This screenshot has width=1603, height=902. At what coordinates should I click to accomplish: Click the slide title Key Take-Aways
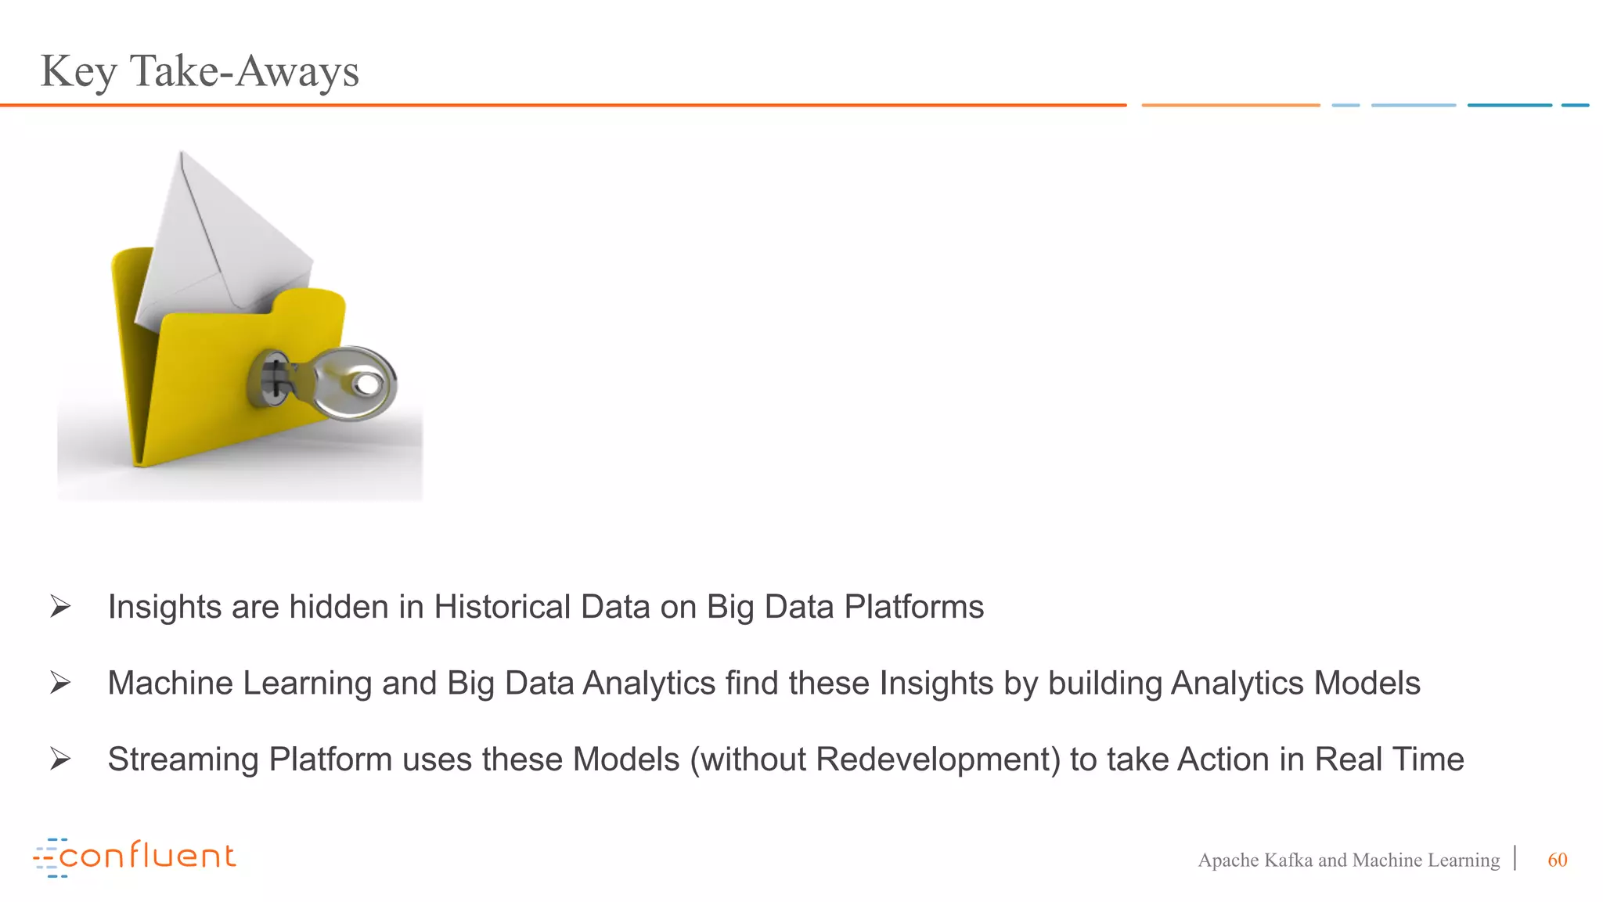(x=200, y=71)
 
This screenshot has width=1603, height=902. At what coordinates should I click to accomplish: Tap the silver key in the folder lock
(x=352, y=384)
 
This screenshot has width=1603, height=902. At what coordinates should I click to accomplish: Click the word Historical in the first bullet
(x=503, y=607)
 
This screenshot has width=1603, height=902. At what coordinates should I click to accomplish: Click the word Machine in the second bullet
(x=170, y=683)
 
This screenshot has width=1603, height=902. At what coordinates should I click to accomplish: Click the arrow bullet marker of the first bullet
(x=60, y=606)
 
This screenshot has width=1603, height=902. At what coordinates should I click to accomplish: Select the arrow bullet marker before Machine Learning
(x=60, y=683)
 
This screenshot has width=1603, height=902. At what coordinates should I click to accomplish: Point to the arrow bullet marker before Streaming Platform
(x=60, y=759)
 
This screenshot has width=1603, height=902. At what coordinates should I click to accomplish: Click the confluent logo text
(x=147, y=856)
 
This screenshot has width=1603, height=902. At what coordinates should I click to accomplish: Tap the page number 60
(x=1557, y=860)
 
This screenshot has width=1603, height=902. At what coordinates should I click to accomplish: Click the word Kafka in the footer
(x=1288, y=860)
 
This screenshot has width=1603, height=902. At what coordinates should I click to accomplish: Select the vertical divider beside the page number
(x=1516, y=858)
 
